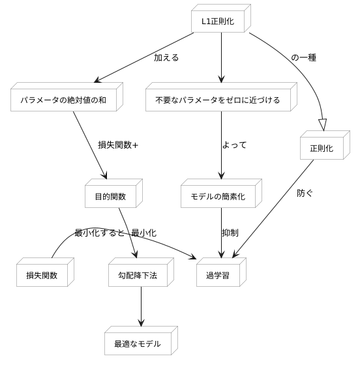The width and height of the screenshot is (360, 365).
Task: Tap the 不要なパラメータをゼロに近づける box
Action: [218, 100]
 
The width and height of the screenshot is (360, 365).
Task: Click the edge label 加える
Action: [166, 57]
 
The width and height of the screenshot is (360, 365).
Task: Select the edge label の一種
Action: [304, 57]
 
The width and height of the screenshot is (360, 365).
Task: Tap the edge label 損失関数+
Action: [118, 145]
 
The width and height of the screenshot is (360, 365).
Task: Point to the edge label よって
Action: [234, 145]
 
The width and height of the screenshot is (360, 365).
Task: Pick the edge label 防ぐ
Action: [305, 193]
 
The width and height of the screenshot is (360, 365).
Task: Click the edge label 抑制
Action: [230, 233]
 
